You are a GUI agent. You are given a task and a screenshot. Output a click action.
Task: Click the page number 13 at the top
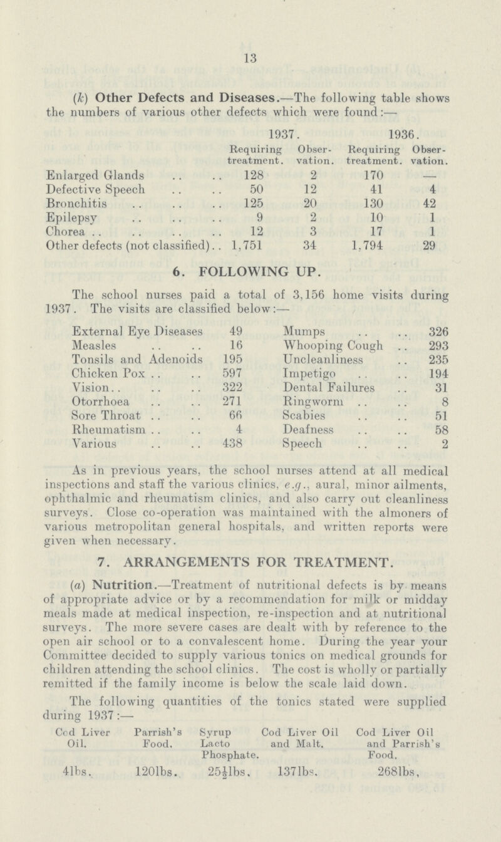[250, 61]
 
